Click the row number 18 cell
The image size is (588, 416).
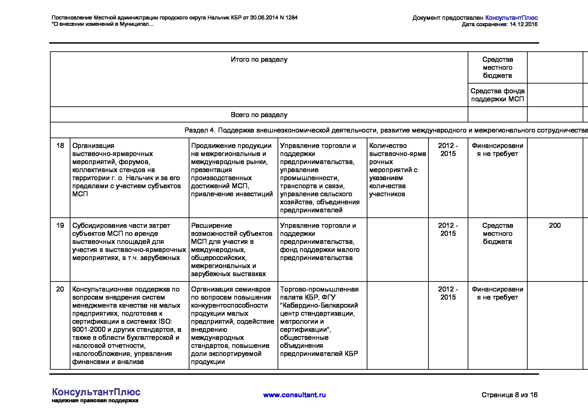point(60,146)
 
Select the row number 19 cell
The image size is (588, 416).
point(60,225)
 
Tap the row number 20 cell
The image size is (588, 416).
point(60,289)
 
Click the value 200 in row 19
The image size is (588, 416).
point(555,225)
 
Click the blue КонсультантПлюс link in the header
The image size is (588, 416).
point(511,18)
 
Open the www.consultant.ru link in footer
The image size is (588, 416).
point(294,395)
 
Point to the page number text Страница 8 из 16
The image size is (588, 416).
point(509,395)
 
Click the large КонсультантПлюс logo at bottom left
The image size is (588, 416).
point(96,392)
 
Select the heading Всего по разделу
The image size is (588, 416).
point(259,115)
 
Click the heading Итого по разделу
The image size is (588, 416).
point(259,59)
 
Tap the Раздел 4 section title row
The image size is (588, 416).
point(386,130)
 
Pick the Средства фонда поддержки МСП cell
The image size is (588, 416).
point(497,95)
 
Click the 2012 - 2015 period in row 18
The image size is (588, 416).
point(448,150)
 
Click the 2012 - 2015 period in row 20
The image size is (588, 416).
point(448,293)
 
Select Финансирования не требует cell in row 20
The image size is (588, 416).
point(497,293)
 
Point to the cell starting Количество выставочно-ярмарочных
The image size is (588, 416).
point(398,170)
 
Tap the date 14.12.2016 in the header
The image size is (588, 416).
point(523,24)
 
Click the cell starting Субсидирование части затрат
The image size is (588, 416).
point(129,242)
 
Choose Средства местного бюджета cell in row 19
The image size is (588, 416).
point(497,233)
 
